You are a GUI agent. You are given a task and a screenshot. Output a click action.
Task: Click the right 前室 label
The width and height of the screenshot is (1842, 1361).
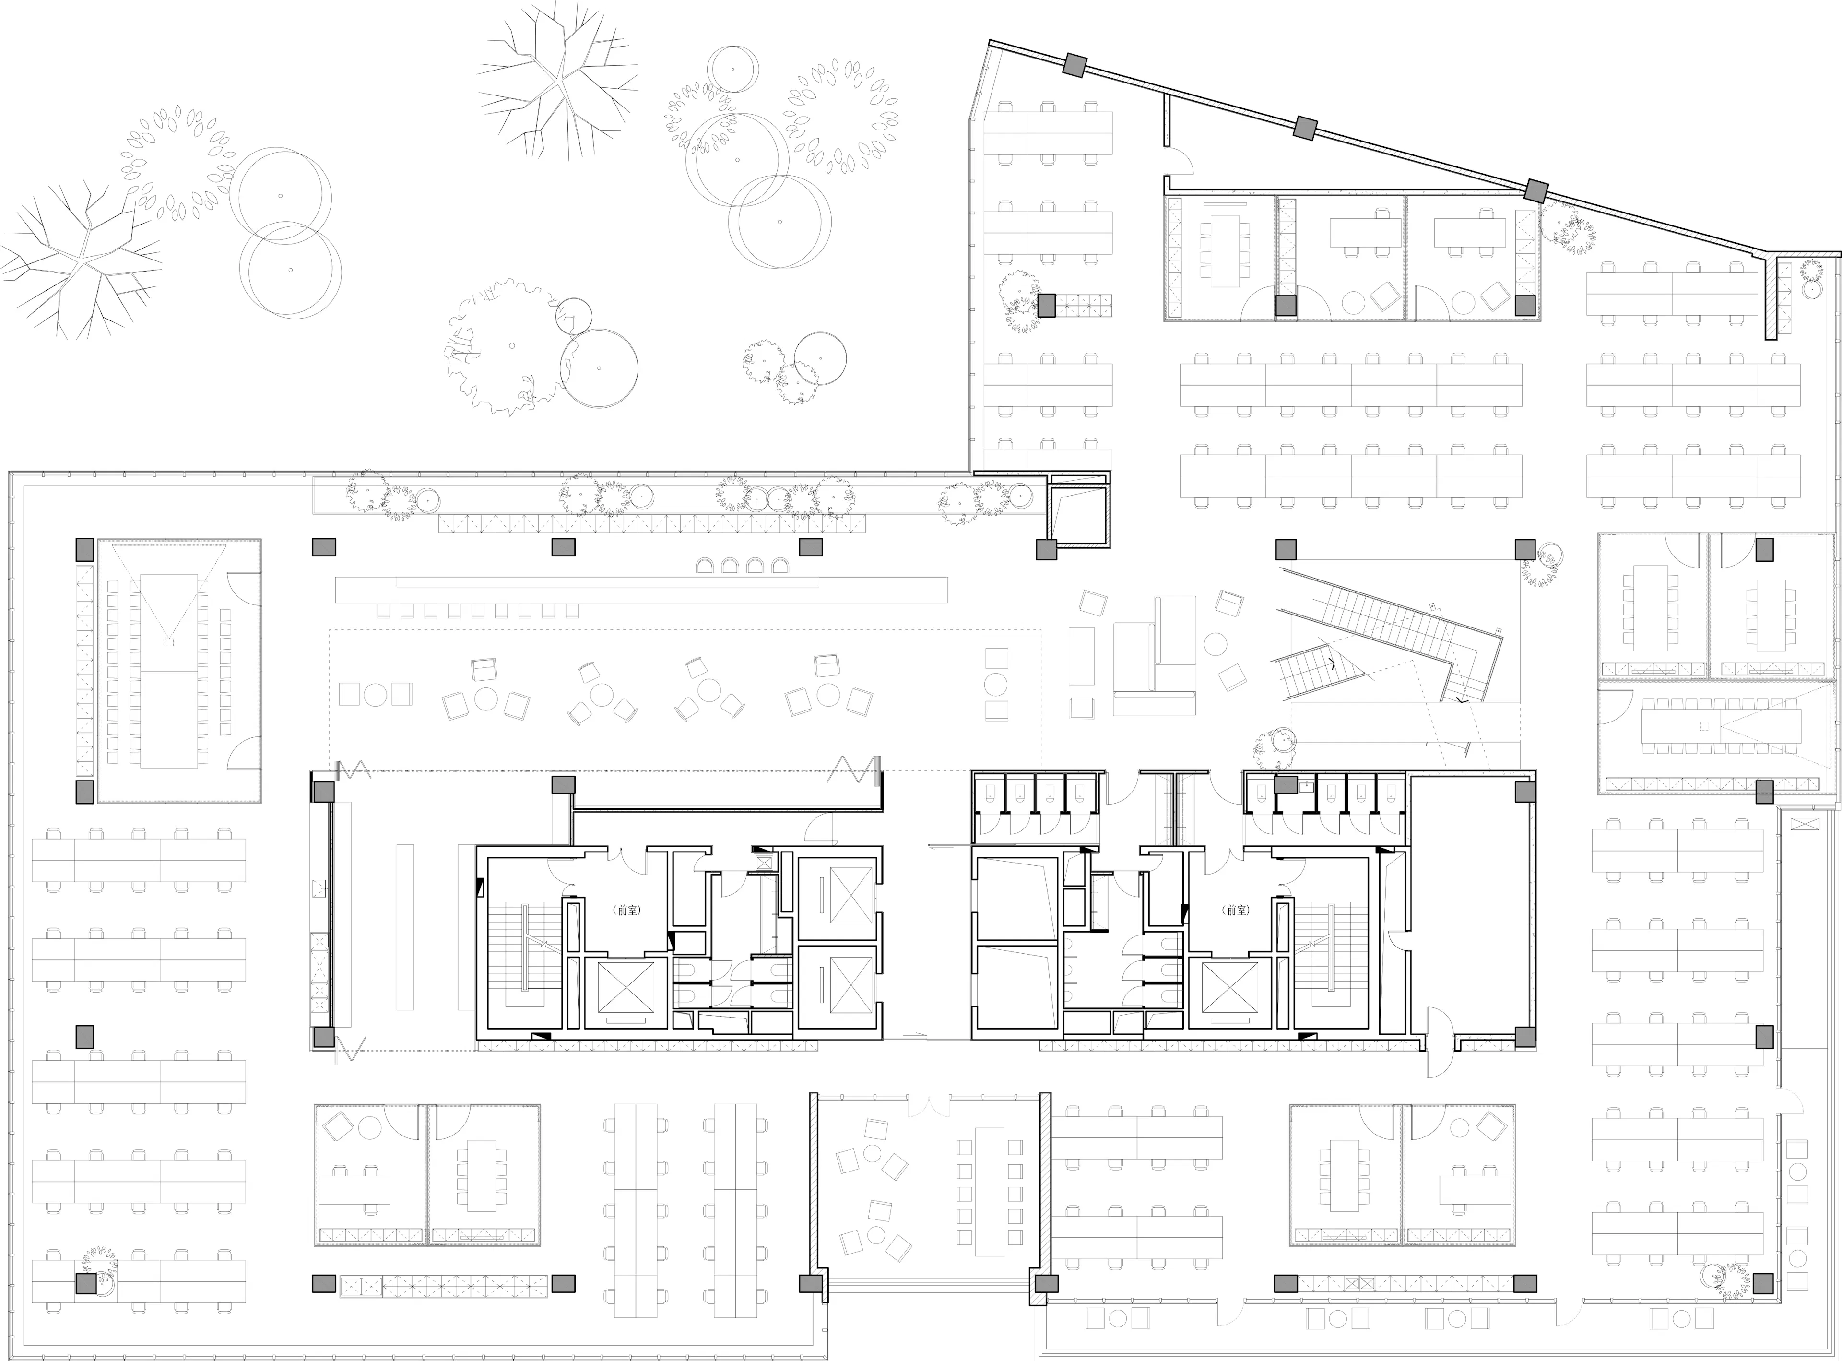1237,911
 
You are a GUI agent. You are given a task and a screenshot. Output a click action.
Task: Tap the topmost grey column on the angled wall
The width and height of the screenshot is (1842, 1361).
1074,65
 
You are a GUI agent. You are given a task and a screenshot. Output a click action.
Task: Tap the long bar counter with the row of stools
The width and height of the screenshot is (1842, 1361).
641,590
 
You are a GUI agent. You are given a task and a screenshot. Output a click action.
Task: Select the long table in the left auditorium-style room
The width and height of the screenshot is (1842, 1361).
169,672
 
